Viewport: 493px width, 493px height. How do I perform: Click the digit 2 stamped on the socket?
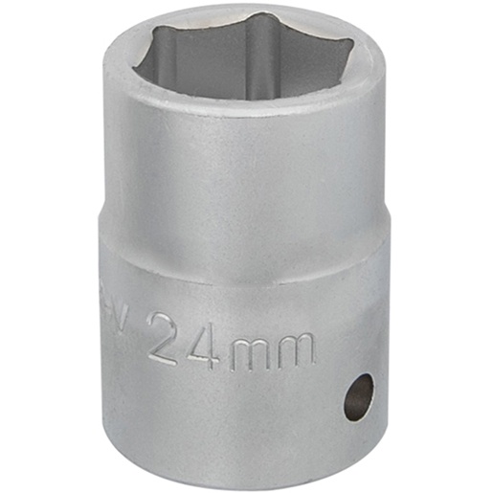click(x=169, y=337)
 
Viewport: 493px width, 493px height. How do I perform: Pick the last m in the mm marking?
click(x=296, y=350)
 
